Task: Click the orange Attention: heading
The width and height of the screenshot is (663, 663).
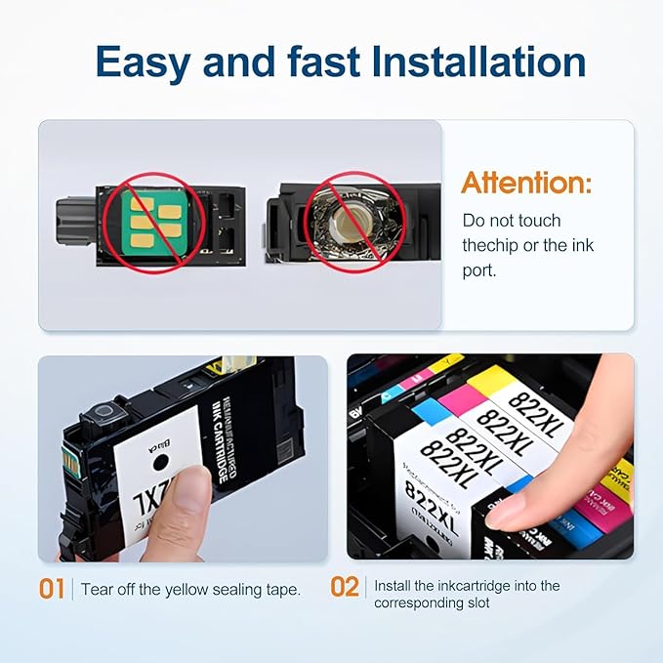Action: [x=526, y=183]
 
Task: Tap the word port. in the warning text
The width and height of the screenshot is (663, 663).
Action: [x=478, y=270]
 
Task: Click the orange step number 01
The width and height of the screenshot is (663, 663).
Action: [x=52, y=589]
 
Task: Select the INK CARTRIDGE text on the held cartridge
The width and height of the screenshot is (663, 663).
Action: [x=221, y=424]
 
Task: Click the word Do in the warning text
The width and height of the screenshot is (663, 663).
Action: [x=473, y=222]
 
